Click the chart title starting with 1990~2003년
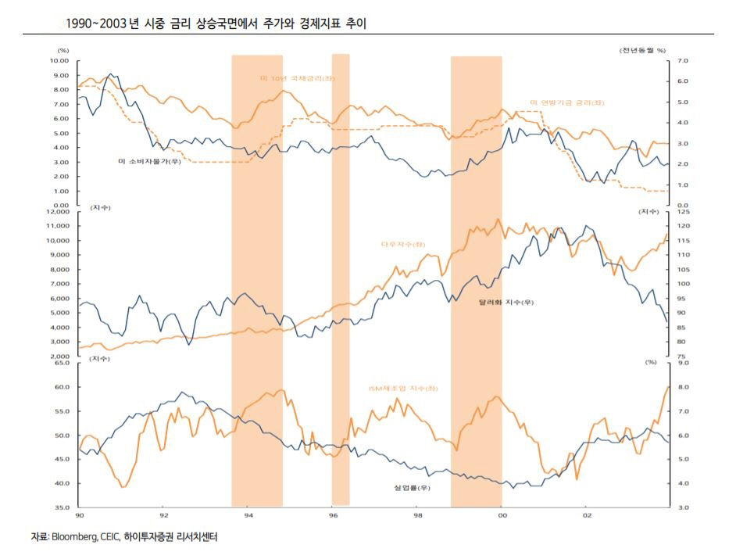[217, 23]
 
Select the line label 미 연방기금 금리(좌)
[567, 102]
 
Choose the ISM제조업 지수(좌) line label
[402, 388]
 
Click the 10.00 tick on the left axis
[59, 60]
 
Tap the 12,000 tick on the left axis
[58, 212]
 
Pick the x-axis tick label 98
[418, 516]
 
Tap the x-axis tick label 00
[502, 516]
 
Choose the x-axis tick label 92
[163, 516]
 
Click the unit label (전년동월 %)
[642, 50]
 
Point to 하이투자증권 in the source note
[150, 537]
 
